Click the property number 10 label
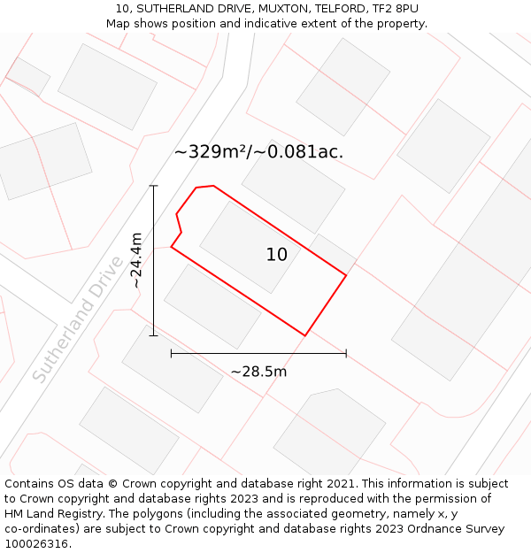(276, 255)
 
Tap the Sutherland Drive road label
(79, 319)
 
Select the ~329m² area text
(212, 152)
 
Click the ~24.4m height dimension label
(135, 260)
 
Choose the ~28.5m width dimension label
(258, 372)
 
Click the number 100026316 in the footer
(35, 544)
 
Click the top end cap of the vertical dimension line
(154, 186)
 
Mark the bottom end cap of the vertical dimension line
(154, 335)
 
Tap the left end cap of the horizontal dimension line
(171, 354)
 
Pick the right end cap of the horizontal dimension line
(346, 354)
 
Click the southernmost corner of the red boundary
(305, 335)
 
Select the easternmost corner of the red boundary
(346, 275)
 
